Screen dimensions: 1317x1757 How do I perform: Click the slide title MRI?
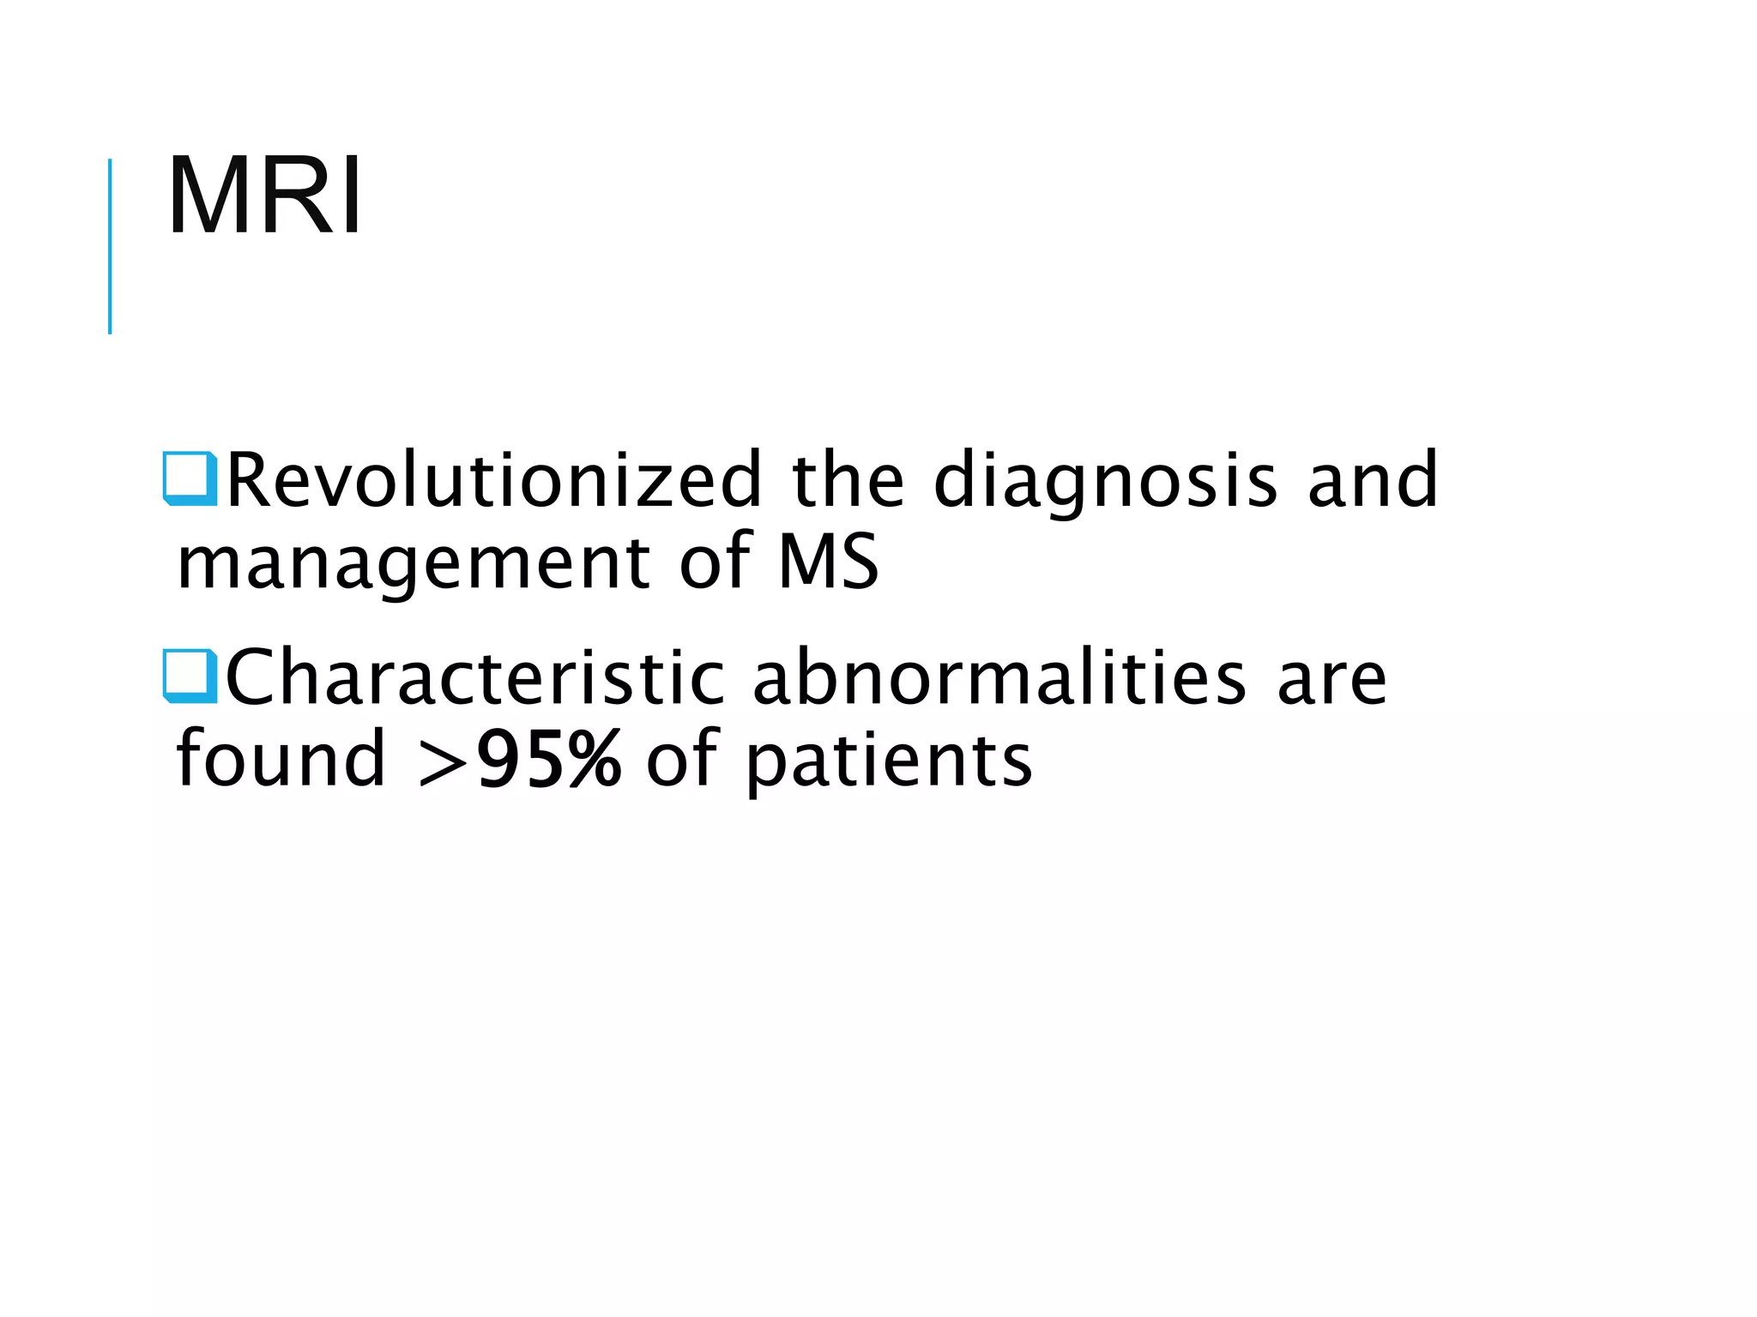[265, 197]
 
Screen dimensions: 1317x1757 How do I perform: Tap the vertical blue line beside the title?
[110, 246]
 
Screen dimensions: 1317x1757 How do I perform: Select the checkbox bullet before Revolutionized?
[190, 478]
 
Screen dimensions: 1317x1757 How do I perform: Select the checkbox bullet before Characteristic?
[190, 677]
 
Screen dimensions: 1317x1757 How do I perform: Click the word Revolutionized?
[493, 480]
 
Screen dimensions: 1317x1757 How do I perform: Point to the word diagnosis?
[1105, 482]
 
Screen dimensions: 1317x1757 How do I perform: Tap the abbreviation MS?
[829, 562]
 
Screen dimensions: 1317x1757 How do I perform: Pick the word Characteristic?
[474, 678]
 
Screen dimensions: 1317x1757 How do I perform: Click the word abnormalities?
[999, 678]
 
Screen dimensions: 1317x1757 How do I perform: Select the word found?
[281, 759]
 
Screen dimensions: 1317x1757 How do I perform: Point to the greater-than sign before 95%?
[442, 761]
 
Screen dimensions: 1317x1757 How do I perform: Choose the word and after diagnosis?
[1372, 480]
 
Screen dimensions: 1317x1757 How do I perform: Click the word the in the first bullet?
[848, 480]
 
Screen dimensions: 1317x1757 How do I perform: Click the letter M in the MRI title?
[207, 197]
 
